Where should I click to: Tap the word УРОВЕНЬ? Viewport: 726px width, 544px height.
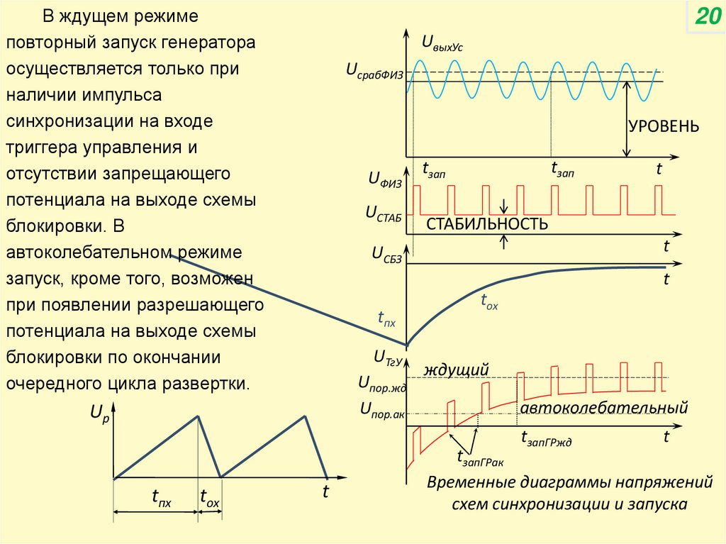(663, 127)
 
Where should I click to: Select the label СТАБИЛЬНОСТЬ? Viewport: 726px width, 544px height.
(486, 224)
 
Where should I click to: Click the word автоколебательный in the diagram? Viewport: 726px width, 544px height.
(604, 409)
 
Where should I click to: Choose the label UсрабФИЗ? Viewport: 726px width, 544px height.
(374, 71)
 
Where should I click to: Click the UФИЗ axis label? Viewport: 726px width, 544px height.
(385, 182)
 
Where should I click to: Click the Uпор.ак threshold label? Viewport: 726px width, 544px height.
(381, 409)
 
